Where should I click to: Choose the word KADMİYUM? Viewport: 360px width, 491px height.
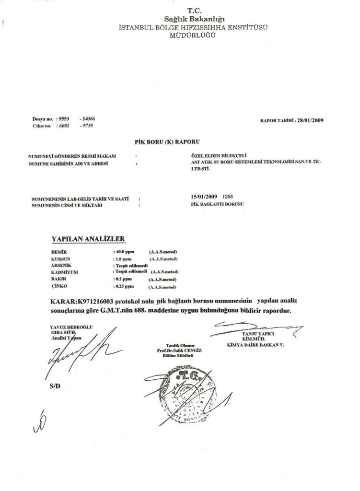tap(64, 272)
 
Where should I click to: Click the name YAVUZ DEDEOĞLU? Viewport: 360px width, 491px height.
tap(71, 327)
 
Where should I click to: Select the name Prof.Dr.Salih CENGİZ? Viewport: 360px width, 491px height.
tap(179, 351)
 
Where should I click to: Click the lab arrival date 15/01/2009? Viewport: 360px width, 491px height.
tap(204, 197)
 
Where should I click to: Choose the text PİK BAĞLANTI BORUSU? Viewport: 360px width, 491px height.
tap(217, 204)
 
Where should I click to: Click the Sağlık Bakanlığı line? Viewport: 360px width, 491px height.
tap(194, 19)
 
